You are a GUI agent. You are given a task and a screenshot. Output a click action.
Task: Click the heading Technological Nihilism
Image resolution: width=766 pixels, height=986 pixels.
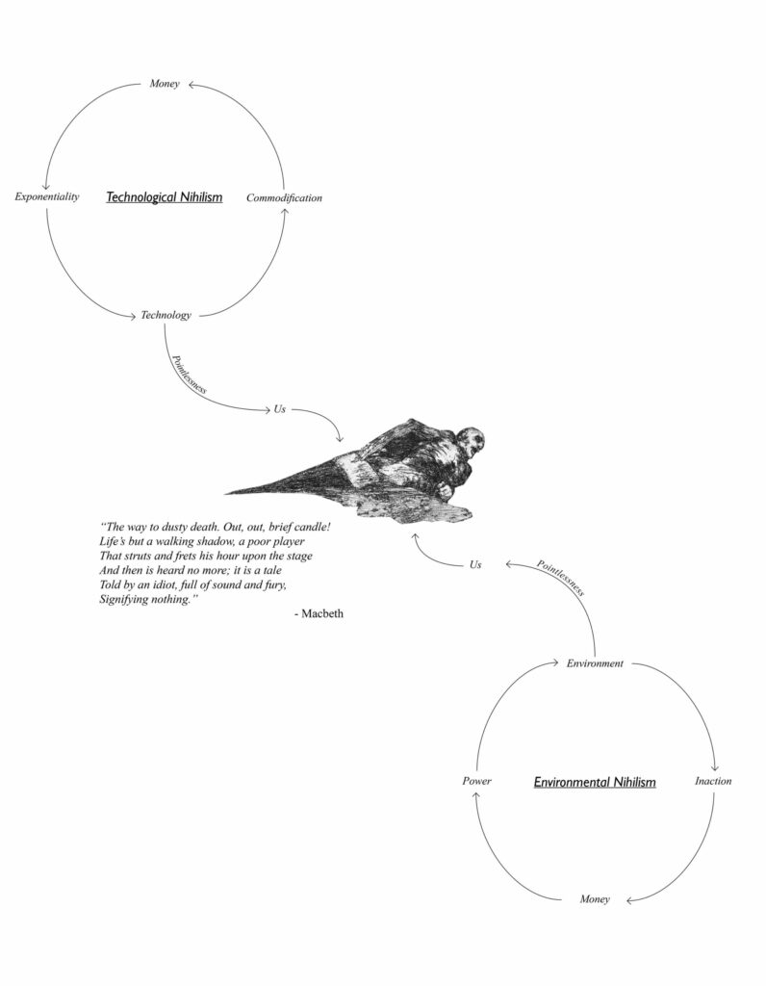[x=164, y=196]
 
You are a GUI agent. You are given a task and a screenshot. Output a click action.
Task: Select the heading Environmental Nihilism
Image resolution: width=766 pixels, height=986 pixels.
[x=595, y=782]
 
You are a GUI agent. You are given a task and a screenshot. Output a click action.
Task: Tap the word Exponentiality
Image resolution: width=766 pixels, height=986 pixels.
[x=47, y=196]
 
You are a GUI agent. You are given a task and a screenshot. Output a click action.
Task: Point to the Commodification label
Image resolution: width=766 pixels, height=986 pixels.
[x=284, y=197]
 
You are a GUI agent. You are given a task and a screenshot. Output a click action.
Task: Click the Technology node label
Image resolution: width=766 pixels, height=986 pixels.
[x=166, y=315]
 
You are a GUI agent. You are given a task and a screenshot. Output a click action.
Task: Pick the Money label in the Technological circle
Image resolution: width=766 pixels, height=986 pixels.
[x=164, y=84]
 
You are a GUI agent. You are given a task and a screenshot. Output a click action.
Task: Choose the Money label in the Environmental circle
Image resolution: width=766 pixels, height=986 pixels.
[x=595, y=899]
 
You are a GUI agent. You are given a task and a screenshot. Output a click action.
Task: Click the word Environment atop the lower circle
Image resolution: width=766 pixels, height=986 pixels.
[x=595, y=663]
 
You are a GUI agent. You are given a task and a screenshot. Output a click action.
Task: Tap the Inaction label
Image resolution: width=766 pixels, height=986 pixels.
[x=713, y=781]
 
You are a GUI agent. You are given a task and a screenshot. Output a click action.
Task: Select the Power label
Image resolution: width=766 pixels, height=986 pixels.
[x=477, y=781]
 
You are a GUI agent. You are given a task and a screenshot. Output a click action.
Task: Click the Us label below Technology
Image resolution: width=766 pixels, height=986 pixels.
[x=280, y=409]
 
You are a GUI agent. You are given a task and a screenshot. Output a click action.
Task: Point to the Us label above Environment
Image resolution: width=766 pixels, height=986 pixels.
[x=475, y=564]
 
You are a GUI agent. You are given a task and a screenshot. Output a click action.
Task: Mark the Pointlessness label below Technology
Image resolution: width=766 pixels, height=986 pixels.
[x=190, y=375]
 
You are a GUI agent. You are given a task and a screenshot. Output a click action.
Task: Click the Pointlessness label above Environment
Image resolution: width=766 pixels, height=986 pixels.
[x=560, y=578]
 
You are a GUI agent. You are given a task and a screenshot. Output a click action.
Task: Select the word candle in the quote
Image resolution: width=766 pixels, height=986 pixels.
[x=309, y=527]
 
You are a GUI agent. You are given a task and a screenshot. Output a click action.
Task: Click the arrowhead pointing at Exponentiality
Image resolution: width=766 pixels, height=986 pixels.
[x=45, y=186]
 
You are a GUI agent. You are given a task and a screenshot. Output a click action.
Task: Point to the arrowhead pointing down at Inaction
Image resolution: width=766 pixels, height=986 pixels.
[x=714, y=767]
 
